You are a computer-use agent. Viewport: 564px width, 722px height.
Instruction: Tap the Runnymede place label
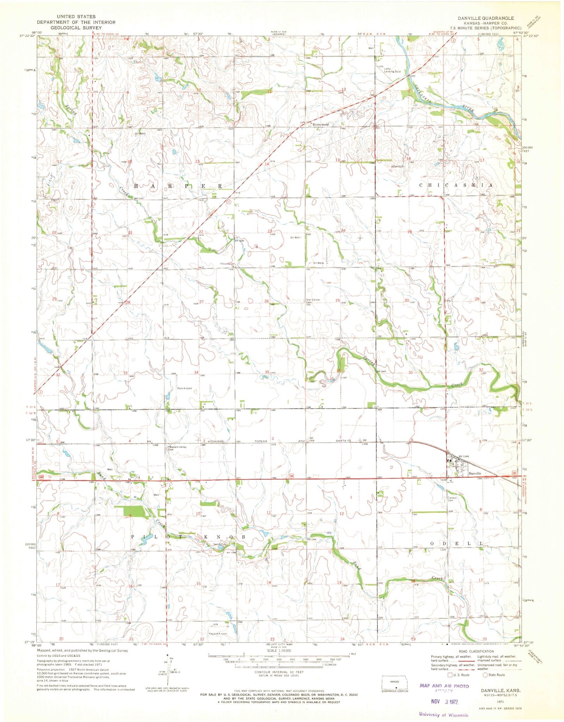[x=320, y=125]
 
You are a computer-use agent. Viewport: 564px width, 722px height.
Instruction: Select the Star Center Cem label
[x=313, y=301]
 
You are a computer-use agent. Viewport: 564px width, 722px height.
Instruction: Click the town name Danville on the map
[x=475, y=474]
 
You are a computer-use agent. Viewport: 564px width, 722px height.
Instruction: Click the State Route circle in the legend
[x=486, y=675]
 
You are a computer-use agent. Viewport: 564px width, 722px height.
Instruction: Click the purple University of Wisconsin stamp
[x=443, y=715]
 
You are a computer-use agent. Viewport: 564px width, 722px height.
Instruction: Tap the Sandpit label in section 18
[x=398, y=167]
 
